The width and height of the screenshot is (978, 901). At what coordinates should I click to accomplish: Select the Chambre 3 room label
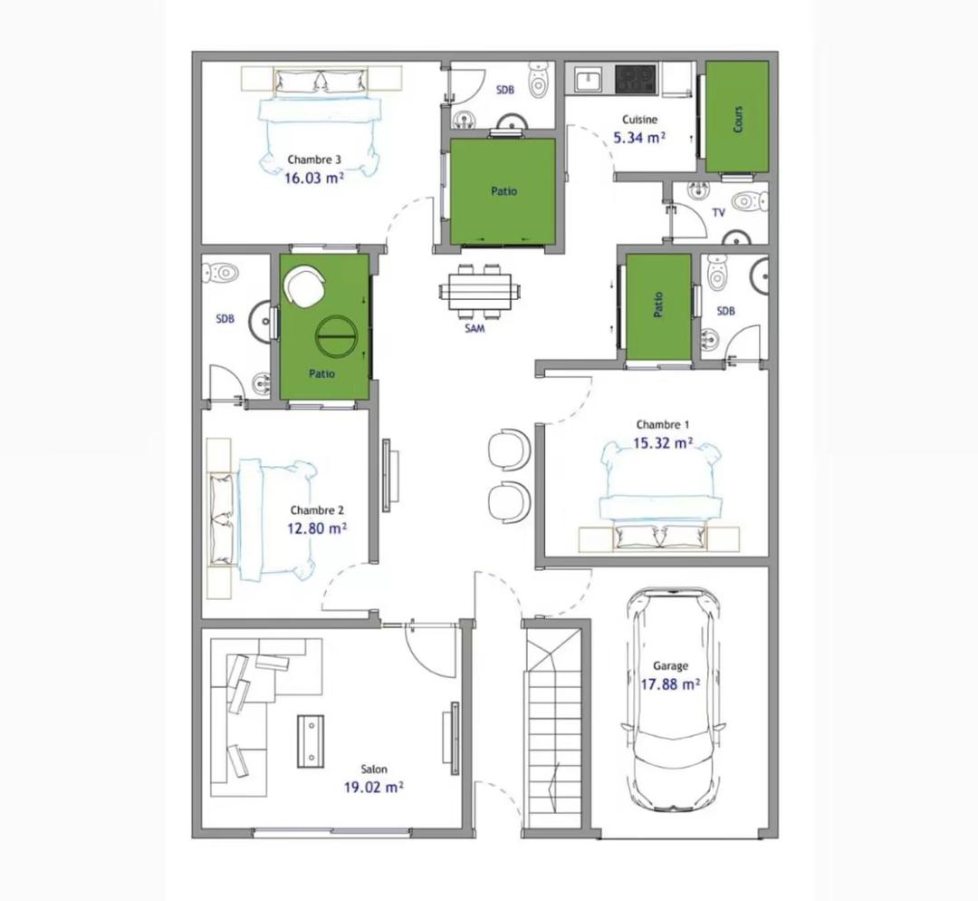click(314, 160)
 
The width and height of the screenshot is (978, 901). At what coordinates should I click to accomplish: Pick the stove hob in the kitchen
click(636, 79)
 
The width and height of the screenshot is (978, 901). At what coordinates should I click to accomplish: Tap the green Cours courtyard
click(736, 117)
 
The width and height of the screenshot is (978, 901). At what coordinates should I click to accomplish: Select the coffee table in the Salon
click(311, 741)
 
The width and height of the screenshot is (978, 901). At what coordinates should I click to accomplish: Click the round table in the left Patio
click(336, 335)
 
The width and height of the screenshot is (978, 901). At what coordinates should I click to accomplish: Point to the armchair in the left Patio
click(304, 286)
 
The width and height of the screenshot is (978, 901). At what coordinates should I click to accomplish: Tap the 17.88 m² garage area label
click(670, 684)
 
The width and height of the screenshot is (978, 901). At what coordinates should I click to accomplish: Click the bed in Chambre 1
click(660, 494)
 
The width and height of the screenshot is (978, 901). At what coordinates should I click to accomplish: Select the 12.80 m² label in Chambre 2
click(317, 528)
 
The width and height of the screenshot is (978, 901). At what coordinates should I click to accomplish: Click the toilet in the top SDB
click(538, 80)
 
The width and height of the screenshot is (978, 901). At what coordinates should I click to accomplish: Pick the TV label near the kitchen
click(718, 213)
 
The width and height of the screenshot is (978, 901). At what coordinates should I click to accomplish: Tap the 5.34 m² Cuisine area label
click(639, 138)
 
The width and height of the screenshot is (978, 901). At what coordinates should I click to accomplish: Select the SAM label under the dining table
click(475, 328)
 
